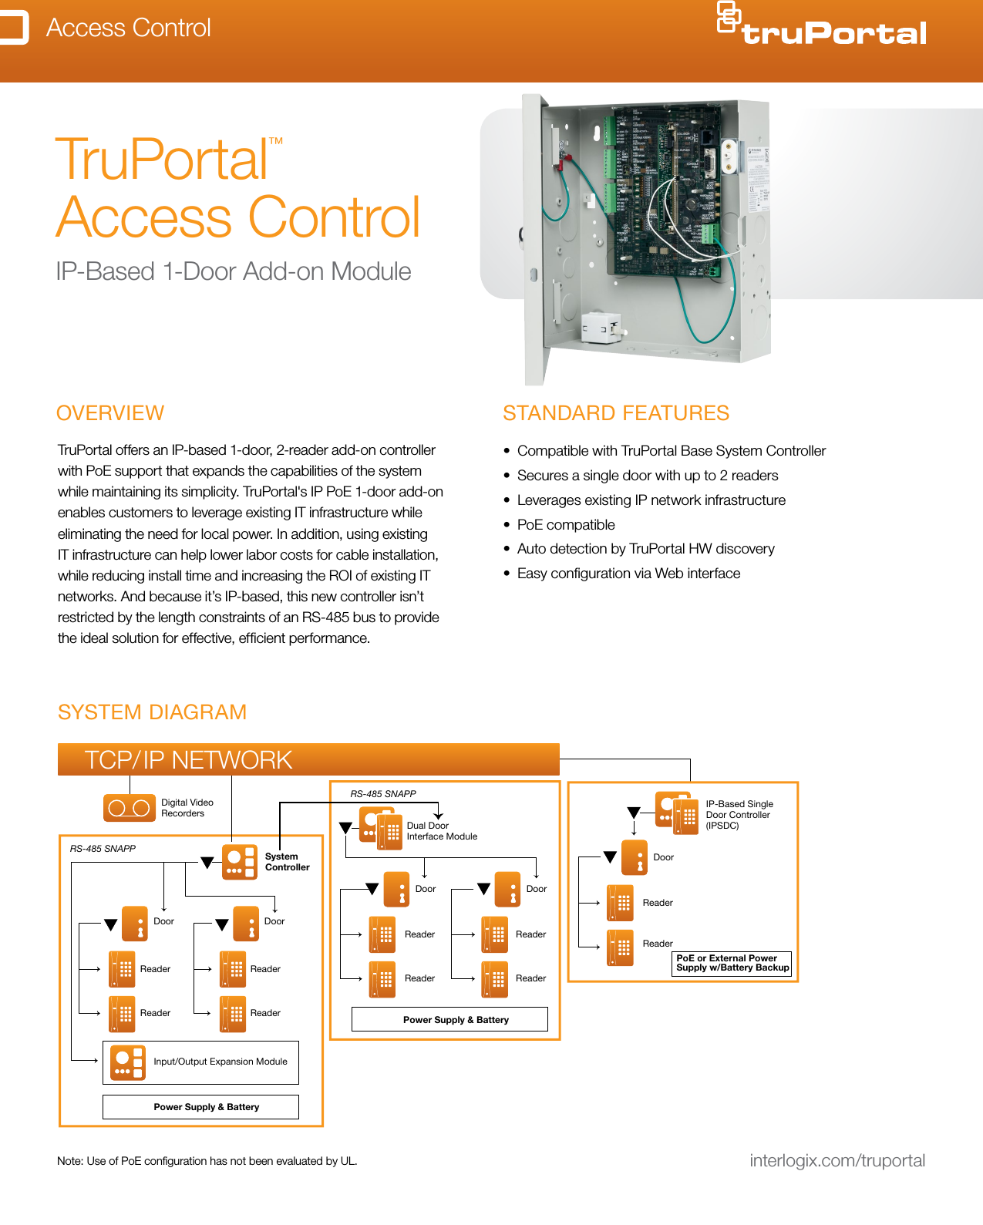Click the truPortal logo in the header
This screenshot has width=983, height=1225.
click(823, 26)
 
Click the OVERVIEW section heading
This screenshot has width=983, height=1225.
click(110, 413)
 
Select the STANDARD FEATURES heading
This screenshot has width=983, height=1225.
click(616, 413)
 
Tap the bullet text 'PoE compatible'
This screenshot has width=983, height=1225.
click(566, 525)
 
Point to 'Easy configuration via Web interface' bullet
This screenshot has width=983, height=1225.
click(628, 574)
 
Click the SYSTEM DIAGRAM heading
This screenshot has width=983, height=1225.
click(152, 712)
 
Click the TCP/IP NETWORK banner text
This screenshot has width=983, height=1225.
click(188, 760)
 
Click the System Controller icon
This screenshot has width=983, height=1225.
click(239, 862)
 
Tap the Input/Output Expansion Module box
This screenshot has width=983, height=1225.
click(200, 1062)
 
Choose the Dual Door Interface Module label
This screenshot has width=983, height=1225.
click(442, 831)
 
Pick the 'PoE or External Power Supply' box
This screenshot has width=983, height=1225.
click(732, 964)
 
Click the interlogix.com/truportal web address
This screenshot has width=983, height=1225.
click(837, 1161)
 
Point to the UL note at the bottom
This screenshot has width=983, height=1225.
click(207, 1161)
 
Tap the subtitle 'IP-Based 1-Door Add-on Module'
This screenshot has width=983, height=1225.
click(234, 272)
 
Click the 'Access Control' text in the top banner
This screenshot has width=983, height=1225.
click(128, 28)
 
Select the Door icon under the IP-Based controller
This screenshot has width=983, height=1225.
click(635, 857)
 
